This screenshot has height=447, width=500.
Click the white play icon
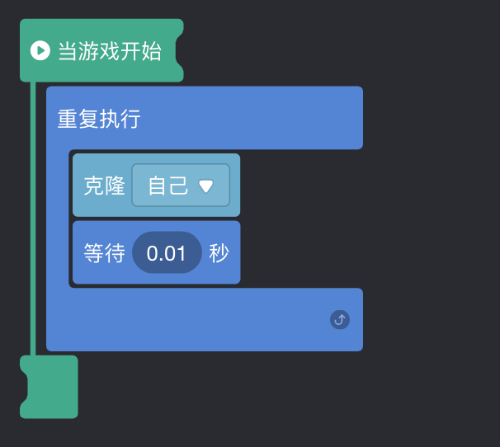coord(40,51)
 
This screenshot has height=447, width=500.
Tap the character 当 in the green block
coord(67,52)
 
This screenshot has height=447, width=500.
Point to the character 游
coord(87,52)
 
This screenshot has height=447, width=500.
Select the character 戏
coord(109,52)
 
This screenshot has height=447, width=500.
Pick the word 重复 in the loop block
coord(78,120)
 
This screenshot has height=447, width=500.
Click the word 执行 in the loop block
coord(120,120)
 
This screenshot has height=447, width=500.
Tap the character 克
coord(94,186)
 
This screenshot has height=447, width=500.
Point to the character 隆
coord(115,186)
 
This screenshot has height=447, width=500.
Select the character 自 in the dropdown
coord(158,186)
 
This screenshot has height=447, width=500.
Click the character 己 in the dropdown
coord(179,186)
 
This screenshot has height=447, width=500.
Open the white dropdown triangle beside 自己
coord(206,186)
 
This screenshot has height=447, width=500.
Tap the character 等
coord(94,253)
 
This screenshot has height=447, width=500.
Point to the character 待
coord(115,253)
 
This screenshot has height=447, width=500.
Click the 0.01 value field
coord(167,253)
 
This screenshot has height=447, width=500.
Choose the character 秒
coord(219,253)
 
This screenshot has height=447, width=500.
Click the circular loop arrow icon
coord(340,319)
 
